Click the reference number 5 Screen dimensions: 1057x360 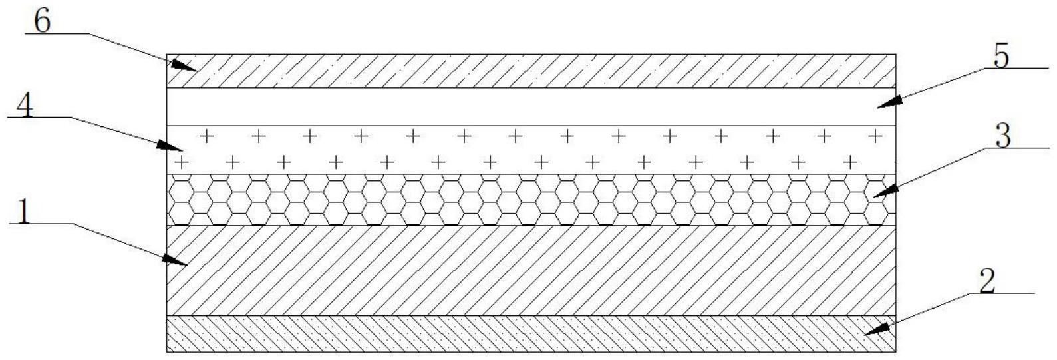coord(1001,57)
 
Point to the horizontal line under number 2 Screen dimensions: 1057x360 coord(998,293)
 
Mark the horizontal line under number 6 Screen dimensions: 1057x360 coord(53,33)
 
